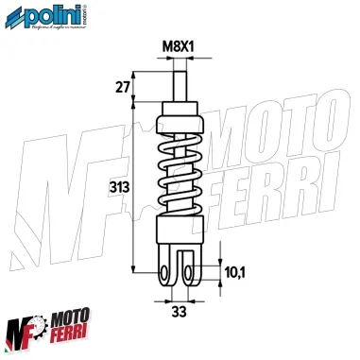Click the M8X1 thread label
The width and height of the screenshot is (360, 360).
coord(179,45)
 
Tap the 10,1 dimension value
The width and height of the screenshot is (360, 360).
coord(234,273)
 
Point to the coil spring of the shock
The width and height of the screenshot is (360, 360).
coord(179,180)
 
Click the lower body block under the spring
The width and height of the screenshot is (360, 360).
coord(179,235)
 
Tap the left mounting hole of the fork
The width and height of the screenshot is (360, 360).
coord(165,273)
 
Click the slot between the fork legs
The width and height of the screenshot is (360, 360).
coord(179,267)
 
